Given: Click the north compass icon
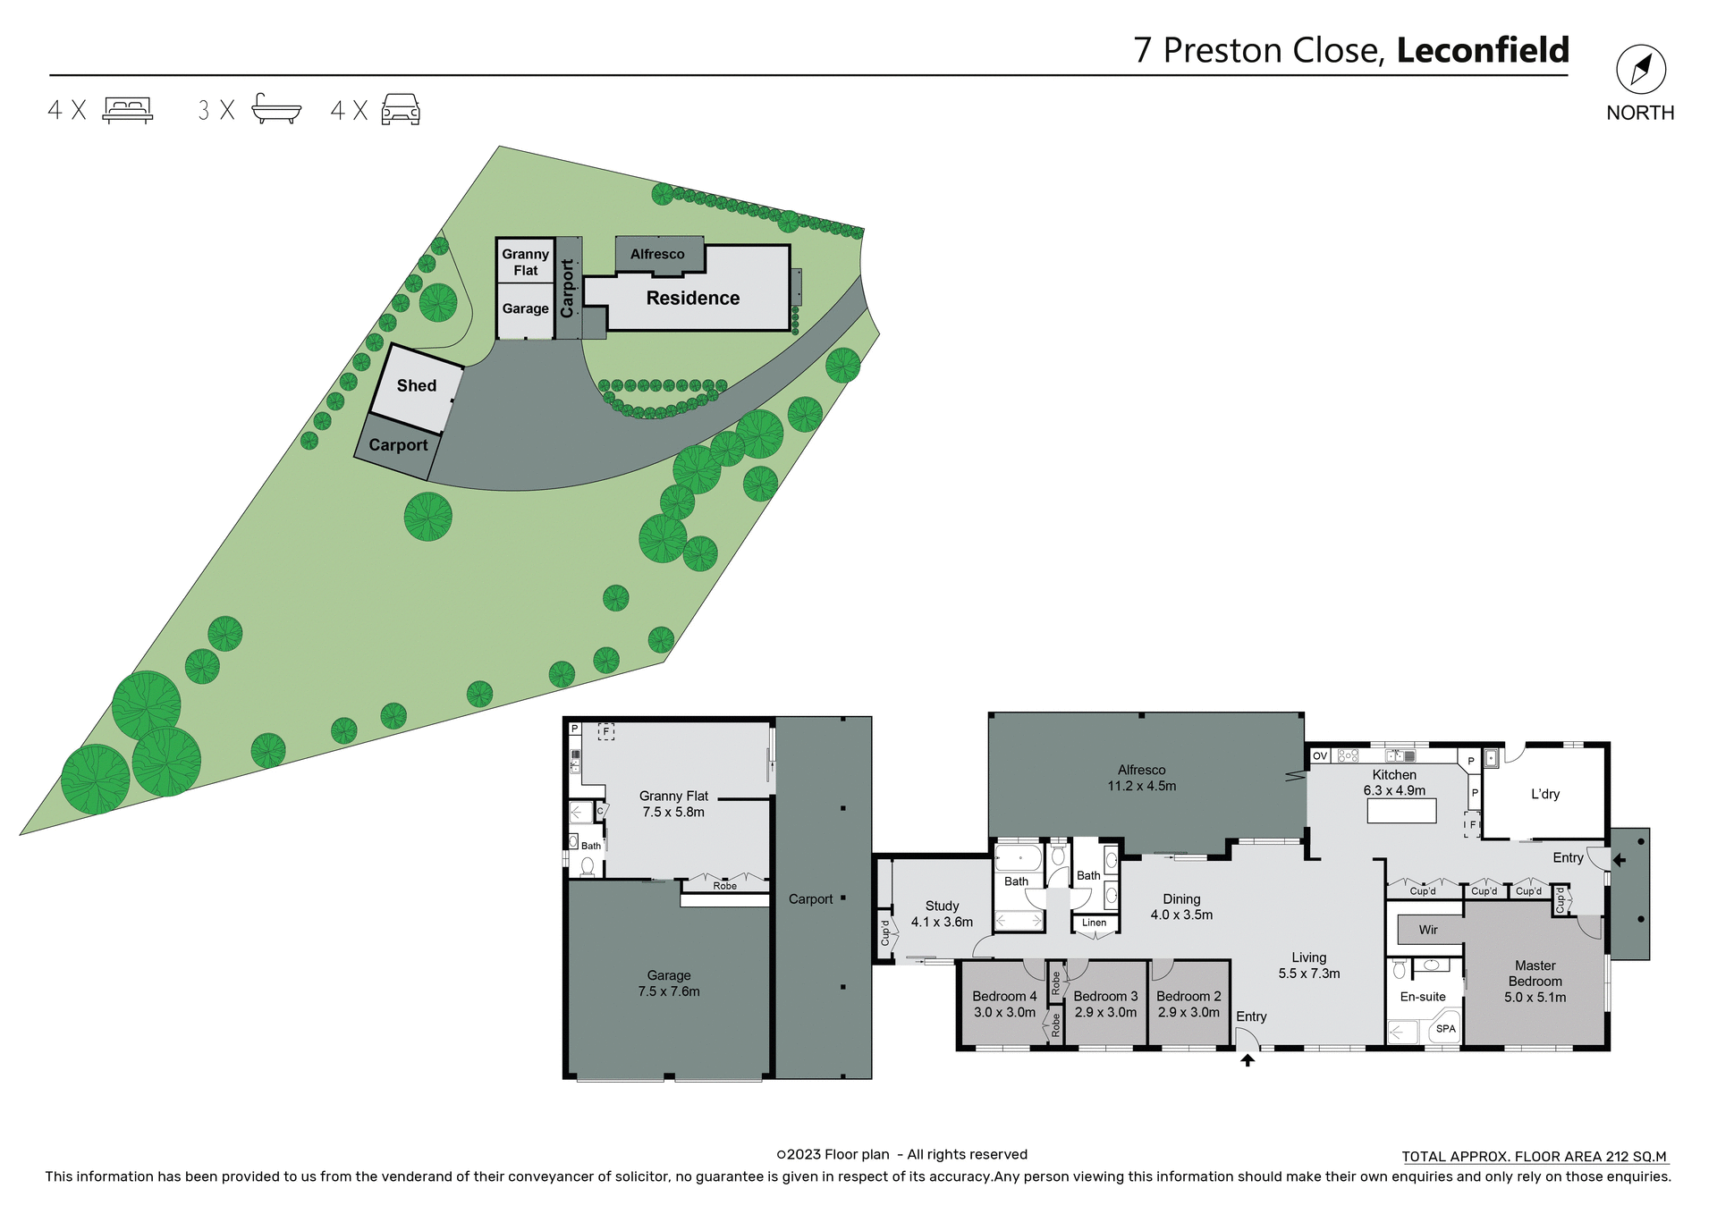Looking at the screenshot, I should pos(1640,70).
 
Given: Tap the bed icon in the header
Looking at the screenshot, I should pos(128,109).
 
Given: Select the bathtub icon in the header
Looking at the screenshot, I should pos(276,108).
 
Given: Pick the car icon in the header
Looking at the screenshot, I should pos(401,109).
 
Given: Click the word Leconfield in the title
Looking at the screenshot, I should pos(1483,50).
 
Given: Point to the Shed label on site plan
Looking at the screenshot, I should pos(417,385).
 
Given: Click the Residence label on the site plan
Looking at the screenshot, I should pos(693,298).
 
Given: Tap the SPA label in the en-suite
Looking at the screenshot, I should pos(1446,1029).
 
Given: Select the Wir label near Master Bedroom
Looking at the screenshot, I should pos(1428,930).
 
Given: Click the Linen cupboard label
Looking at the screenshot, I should pos(1094,923).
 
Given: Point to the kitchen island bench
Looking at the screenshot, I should pos(1401,811).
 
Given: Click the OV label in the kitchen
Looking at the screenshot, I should pos(1320,756).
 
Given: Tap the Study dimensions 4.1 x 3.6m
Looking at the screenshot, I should pos(942,922).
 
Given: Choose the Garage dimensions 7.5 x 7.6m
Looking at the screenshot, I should pos(669,991).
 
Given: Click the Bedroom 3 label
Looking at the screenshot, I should pos(1105,996).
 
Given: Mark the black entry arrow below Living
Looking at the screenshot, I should pos(1248,1060).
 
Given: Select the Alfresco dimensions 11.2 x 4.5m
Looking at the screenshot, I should pos(1142,786).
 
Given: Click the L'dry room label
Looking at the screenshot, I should pos(1545,794).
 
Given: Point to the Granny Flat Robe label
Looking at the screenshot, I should pos(724,886).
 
